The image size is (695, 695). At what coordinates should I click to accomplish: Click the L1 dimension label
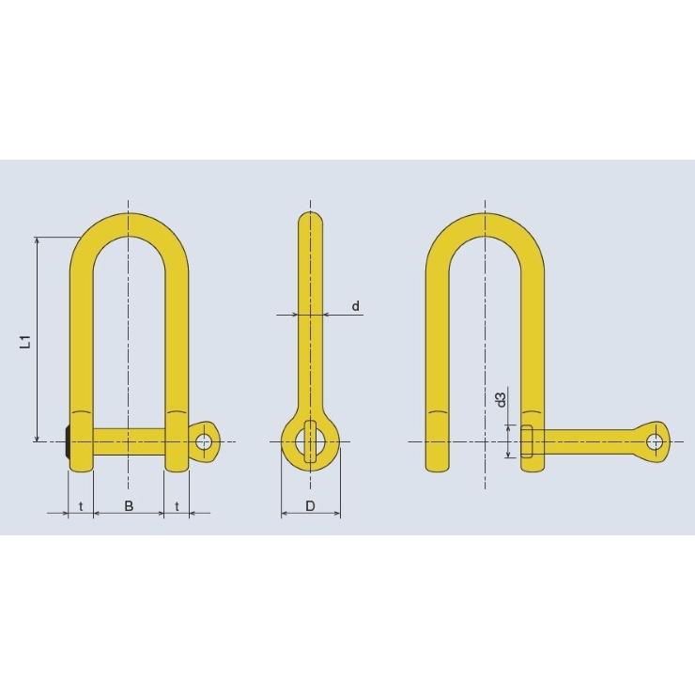tap(26, 341)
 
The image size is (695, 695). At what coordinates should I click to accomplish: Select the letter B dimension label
tap(129, 505)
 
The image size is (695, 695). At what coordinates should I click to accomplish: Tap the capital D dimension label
tap(310, 505)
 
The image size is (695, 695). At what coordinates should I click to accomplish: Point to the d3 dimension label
tap(501, 399)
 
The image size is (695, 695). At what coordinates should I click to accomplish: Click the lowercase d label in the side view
tap(355, 306)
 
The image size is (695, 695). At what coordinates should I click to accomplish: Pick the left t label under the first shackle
tap(81, 505)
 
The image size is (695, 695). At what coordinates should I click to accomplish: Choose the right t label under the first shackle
tap(177, 505)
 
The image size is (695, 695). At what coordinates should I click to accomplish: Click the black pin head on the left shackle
tap(67, 442)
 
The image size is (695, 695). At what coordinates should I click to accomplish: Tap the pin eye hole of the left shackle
tap(205, 441)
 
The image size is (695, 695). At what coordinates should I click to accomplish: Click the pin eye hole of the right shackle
tap(655, 441)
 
